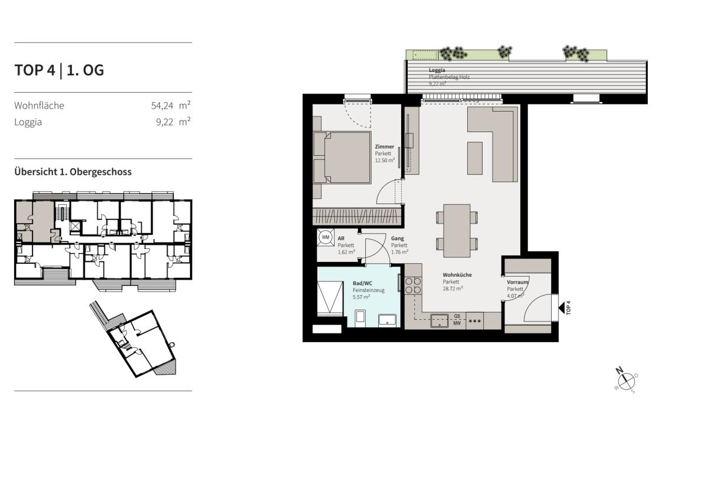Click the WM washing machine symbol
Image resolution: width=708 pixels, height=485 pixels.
coord(326,237)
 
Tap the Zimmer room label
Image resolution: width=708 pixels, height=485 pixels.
coord(384,147)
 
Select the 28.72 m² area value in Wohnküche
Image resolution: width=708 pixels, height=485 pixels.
coord(453,289)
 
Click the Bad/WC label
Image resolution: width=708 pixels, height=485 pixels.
coord(362,283)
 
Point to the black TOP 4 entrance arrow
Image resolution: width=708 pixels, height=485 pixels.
coord(561,308)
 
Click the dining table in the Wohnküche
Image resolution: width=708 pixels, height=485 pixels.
coord(457,231)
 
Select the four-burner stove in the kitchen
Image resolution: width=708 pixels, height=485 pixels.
coord(413,286)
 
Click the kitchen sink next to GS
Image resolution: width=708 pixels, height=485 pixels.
coord(440,321)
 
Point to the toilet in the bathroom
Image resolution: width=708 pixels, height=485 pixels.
coord(360,319)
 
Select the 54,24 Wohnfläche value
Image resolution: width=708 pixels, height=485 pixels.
coord(162,106)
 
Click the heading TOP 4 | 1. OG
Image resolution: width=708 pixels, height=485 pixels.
coord(59,70)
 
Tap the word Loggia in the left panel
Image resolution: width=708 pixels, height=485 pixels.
coord(28,122)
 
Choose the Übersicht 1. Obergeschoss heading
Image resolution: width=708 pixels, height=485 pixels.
coord(73,172)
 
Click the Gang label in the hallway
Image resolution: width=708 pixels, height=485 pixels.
coord(397,238)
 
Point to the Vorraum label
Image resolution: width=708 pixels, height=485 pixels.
coord(517,282)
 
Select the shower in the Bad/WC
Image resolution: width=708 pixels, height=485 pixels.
coord(330,298)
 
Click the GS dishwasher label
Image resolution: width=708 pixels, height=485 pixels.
coord(457,316)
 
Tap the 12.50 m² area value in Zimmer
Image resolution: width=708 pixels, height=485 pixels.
coord(385,160)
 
